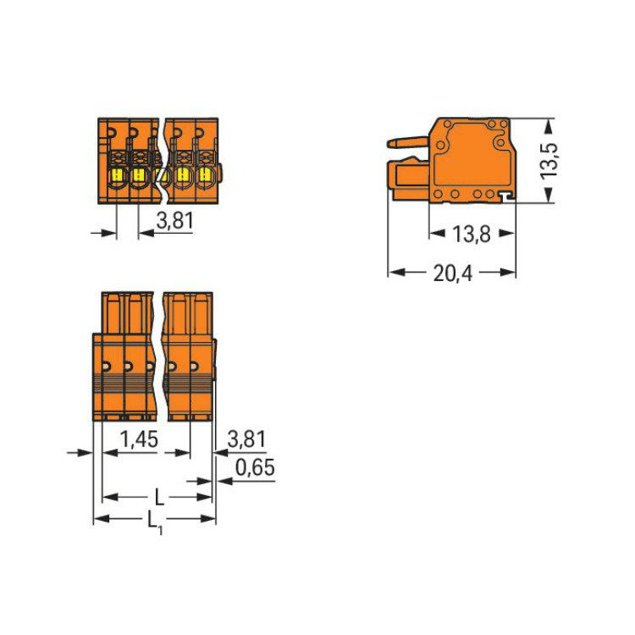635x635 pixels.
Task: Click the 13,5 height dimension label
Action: [549, 160]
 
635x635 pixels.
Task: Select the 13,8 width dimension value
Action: [472, 235]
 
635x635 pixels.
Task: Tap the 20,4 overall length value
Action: [453, 273]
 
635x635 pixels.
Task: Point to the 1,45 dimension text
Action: [140, 439]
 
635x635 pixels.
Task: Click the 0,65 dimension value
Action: [255, 467]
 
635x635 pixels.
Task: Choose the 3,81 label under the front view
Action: [175, 221]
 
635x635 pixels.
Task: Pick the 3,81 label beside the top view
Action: [246, 439]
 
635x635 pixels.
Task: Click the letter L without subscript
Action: [159, 497]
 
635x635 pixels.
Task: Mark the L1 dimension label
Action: [155, 522]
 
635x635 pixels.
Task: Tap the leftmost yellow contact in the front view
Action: [118, 175]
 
